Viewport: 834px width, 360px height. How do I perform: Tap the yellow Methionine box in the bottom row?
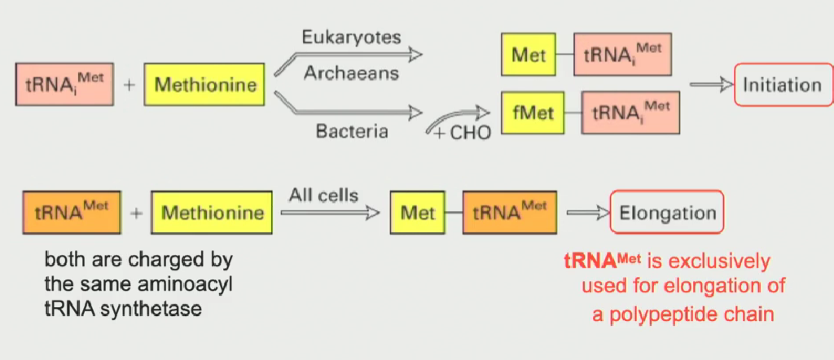pos(212,213)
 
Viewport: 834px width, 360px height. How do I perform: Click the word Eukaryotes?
pos(351,38)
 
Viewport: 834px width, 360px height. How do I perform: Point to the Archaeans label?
pos(351,73)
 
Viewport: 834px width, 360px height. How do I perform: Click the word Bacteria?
pos(351,130)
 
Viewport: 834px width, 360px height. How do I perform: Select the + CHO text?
pos(462,133)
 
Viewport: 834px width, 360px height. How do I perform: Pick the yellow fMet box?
pos(527,112)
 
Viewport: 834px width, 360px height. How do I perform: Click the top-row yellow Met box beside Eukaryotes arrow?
pos(529,55)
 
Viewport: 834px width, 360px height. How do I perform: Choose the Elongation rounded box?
pos(667,214)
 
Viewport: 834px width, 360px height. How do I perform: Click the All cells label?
pos(323,195)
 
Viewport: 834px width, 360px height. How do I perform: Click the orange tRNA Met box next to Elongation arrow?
pos(510,213)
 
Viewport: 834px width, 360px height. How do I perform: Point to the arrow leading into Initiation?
pos(710,85)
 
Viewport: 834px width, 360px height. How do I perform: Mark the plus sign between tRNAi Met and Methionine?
pos(129,85)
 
